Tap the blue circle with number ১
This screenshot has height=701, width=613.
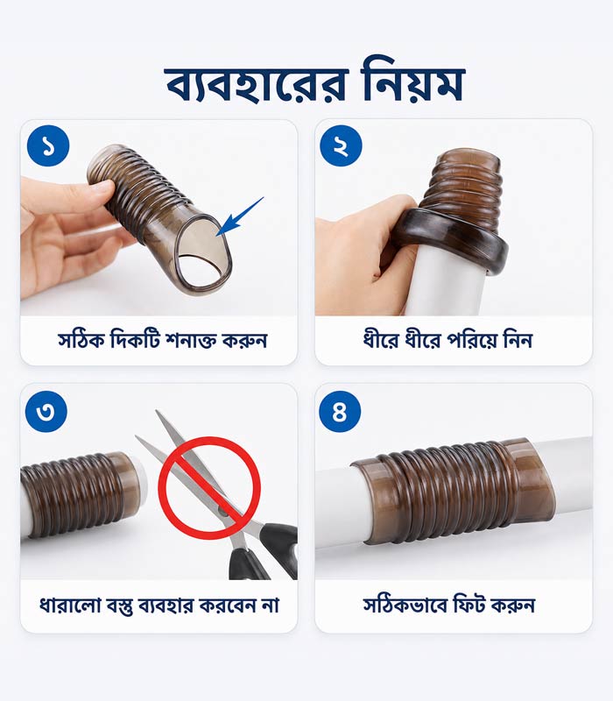coord(48,145)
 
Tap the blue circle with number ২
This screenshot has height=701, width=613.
coord(341,145)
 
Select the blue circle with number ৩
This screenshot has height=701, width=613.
coord(46,411)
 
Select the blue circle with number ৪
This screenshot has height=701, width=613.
coord(340,411)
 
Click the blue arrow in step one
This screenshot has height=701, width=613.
coord(240,216)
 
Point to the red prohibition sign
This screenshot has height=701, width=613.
coord(209,488)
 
